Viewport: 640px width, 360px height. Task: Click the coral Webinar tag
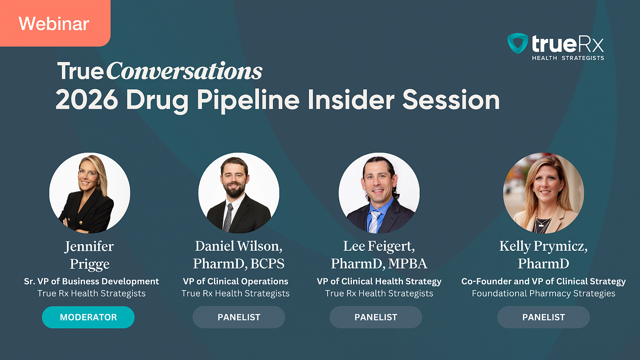tap(55, 23)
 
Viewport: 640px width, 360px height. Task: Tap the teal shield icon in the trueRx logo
tap(518, 43)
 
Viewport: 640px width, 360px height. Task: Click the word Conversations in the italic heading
tap(184, 71)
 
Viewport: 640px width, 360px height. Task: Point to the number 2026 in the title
tap(87, 99)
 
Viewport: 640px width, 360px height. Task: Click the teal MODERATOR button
tap(88, 317)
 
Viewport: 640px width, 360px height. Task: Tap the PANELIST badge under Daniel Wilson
tap(239, 317)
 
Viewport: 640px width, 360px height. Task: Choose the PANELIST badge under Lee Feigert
tap(376, 317)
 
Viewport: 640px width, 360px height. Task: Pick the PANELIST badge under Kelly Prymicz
tap(544, 317)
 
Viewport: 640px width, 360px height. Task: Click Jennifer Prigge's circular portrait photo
tap(90, 193)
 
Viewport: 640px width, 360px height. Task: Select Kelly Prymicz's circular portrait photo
tap(544, 193)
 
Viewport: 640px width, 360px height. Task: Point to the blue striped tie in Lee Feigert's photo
tap(374, 222)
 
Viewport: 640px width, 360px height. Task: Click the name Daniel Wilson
tap(239, 246)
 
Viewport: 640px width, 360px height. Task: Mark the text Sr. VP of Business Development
tap(92, 282)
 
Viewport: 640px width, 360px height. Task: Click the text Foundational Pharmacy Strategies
tap(544, 294)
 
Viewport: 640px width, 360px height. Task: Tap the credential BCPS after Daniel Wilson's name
tap(267, 264)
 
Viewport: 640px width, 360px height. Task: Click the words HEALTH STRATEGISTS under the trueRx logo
tap(568, 58)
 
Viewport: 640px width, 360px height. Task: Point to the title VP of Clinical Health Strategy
tap(379, 282)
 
